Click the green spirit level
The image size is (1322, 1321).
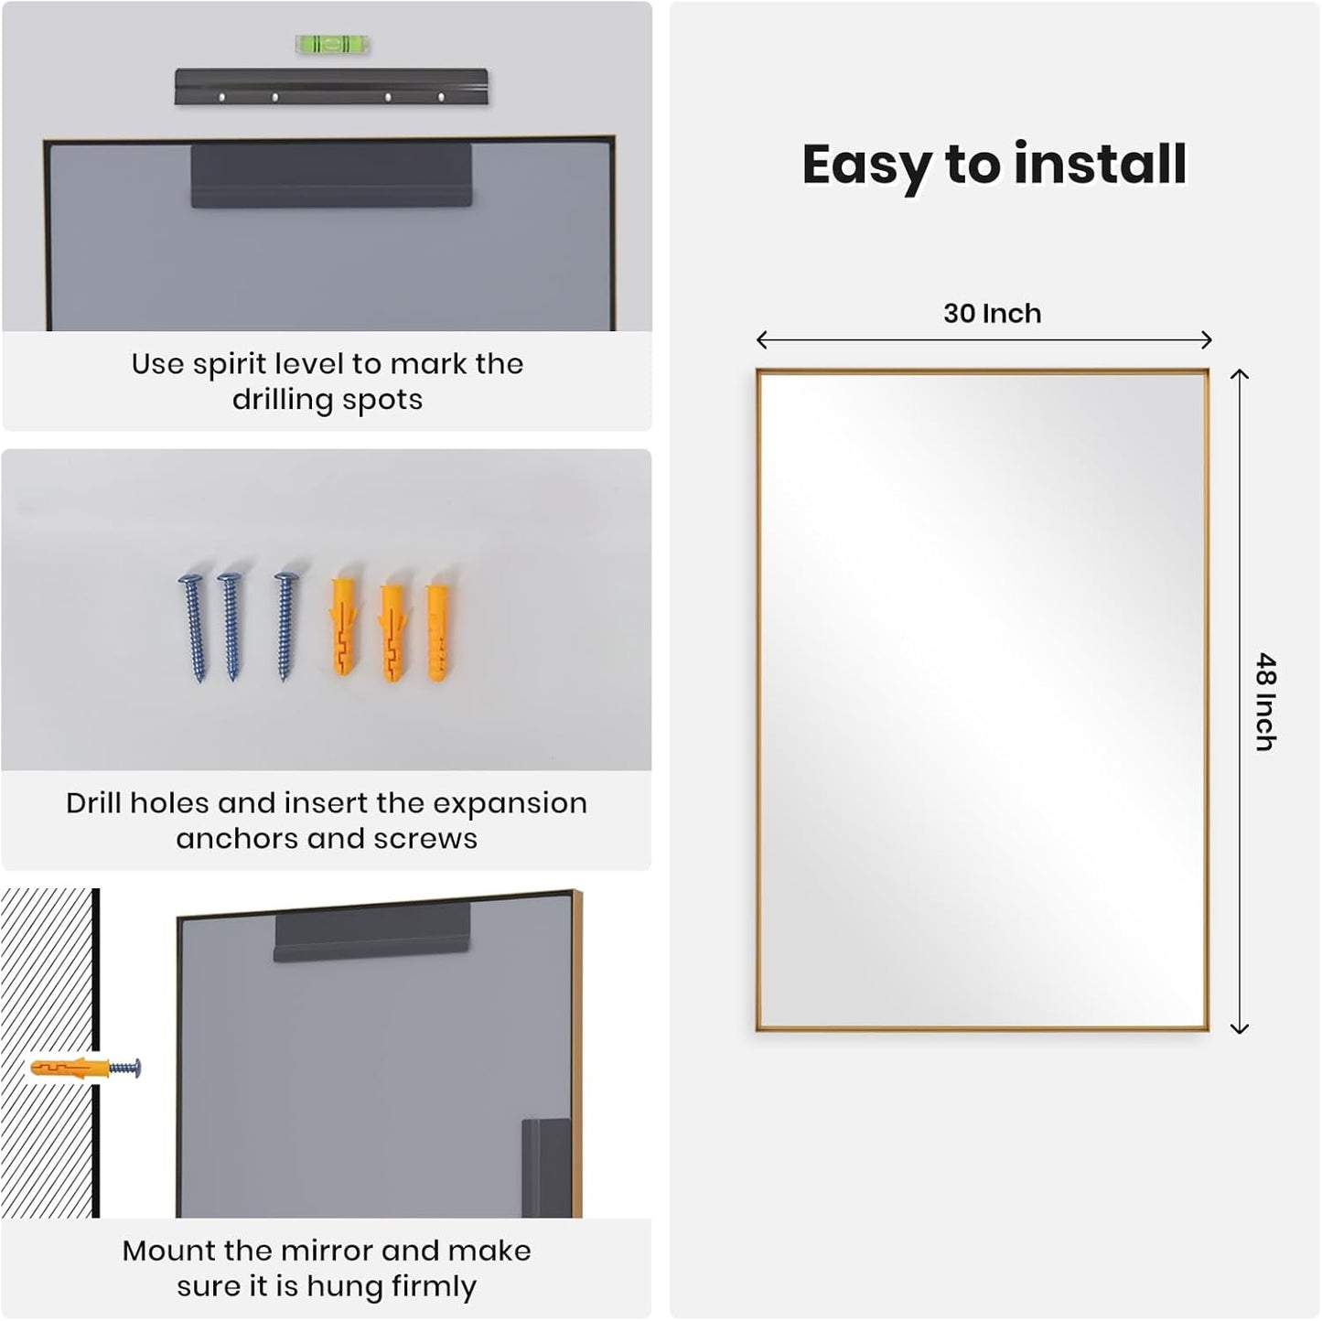(332, 44)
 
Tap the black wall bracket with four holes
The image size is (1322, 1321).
(331, 87)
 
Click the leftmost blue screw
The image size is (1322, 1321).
(194, 627)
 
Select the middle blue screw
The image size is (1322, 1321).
(231, 627)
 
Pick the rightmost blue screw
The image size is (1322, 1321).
(285, 627)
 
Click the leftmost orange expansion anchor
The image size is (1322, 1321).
(343, 627)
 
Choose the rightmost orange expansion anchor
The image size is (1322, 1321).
(438, 631)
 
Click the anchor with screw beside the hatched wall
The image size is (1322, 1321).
(85, 1068)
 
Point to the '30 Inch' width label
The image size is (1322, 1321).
(992, 314)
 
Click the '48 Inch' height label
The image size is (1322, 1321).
(1265, 702)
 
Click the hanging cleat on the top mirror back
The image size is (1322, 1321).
(331, 176)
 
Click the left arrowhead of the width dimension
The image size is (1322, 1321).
(760, 340)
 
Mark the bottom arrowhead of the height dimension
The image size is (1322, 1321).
(1239, 1029)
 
